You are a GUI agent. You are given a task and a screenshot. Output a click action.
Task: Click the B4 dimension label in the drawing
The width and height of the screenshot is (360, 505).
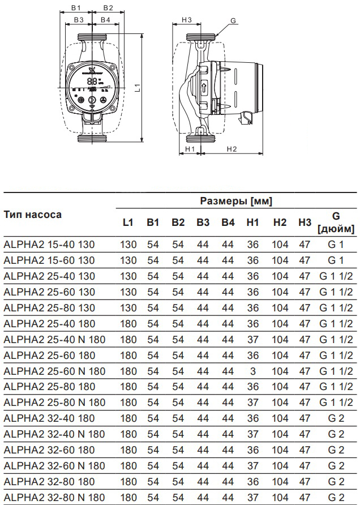(x=105, y=20)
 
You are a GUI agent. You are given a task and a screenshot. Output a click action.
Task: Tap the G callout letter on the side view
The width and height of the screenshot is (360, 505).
(x=233, y=20)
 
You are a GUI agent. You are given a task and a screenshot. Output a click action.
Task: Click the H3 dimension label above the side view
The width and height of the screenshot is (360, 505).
(x=187, y=20)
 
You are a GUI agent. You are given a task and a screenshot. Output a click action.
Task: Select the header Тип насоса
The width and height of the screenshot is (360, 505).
(x=33, y=215)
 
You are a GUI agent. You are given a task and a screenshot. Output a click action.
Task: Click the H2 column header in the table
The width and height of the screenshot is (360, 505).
(x=280, y=222)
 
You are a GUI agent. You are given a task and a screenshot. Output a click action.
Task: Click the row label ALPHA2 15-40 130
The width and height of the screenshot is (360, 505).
(x=49, y=245)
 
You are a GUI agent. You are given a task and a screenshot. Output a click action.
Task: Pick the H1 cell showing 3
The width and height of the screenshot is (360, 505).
(x=253, y=371)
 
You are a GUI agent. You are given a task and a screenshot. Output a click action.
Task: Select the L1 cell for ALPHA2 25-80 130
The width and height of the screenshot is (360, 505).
(x=128, y=308)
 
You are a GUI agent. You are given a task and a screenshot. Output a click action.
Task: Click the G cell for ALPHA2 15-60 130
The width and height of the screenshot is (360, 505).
(x=336, y=260)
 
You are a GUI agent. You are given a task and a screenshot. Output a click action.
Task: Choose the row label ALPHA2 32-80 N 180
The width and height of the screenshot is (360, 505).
(x=54, y=498)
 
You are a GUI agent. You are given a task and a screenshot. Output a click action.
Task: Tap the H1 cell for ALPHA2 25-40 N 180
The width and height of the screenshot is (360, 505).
(x=253, y=340)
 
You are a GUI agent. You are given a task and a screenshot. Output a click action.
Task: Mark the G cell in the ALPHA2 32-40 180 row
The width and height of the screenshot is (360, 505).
(x=336, y=419)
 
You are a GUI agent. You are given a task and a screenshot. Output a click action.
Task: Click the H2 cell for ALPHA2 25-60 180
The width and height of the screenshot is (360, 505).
(x=280, y=356)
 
